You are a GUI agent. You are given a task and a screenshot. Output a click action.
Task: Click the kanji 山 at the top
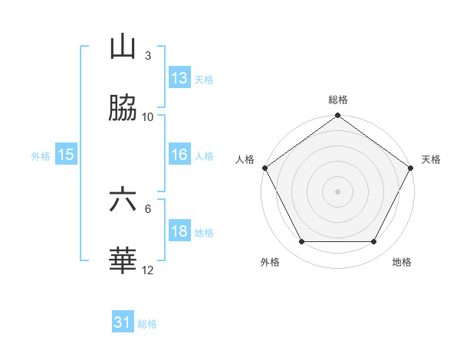click(123, 47)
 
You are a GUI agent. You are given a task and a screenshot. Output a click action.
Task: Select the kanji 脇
click(123, 109)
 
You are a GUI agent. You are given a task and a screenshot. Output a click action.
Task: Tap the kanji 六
click(123, 201)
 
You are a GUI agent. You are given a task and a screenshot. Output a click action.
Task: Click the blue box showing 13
click(179, 78)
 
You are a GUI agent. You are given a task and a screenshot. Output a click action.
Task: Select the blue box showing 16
click(179, 155)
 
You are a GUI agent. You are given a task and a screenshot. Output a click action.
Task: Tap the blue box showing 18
click(179, 231)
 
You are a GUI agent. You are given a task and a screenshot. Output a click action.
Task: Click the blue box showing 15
click(66, 155)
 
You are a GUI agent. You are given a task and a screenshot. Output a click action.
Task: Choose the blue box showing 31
click(123, 322)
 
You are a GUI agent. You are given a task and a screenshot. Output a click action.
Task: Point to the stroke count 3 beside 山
click(148, 55)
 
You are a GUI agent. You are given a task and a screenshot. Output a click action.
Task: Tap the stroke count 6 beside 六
click(148, 208)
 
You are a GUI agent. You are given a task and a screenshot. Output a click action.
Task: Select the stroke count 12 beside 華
click(148, 270)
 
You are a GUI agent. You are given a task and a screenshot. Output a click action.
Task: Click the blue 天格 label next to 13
click(204, 79)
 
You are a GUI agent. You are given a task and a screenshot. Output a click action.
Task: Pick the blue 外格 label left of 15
click(41, 155)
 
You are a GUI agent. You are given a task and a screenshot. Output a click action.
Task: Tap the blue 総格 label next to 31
click(147, 323)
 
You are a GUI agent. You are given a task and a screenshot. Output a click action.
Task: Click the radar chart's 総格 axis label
click(338, 100)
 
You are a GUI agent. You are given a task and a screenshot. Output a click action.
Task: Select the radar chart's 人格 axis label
click(245, 159)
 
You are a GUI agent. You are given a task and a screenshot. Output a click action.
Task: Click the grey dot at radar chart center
click(338, 191)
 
